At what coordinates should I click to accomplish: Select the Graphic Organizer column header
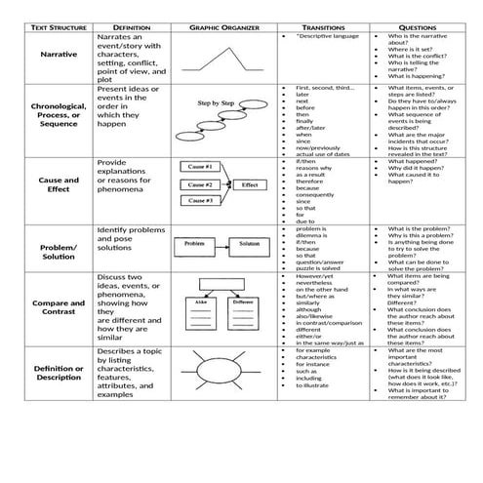213,28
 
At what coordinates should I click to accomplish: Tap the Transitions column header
323,28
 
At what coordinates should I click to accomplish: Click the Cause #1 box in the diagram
200,168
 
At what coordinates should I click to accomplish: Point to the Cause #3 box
200,200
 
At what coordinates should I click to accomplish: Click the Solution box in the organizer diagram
249,242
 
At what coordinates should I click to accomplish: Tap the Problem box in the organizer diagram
193,242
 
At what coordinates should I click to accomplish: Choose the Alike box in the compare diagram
200,303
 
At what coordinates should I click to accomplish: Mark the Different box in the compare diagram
242,303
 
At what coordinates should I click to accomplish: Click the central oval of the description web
214,373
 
